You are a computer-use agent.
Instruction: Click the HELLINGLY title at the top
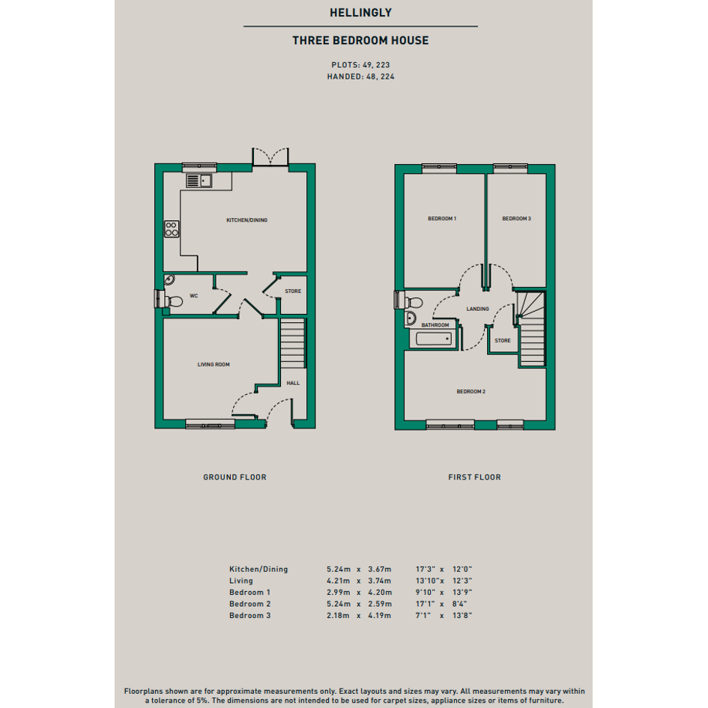click(360, 13)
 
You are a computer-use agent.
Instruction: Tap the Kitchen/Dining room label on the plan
click(247, 220)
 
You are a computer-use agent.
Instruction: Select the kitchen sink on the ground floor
click(199, 181)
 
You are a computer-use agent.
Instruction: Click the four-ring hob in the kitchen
click(172, 229)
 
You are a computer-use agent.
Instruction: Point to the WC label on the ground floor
click(194, 296)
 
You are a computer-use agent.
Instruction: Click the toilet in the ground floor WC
click(172, 300)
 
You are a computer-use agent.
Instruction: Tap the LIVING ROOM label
click(214, 364)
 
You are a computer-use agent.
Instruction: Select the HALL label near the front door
click(293, 383)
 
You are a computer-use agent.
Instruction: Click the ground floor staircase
click(293, 344)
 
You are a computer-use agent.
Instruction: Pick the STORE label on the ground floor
click(293, 291)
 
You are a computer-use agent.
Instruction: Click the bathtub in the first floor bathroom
click(434, 339)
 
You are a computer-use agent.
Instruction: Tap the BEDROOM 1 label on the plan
click(442, 219)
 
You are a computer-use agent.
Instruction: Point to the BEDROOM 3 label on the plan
click(516, 219)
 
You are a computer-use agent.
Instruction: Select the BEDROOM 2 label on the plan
click(471, 392)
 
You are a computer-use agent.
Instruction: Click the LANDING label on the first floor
click(478, 309)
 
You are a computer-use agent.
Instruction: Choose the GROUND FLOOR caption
click(235, 477)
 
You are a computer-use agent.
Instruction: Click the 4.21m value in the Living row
click(339, 581)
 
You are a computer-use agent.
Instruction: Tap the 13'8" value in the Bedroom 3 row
click(462, 615)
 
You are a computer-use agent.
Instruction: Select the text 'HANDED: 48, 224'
click(361, 76)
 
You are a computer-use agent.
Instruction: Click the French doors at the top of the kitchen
click(270, 157)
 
